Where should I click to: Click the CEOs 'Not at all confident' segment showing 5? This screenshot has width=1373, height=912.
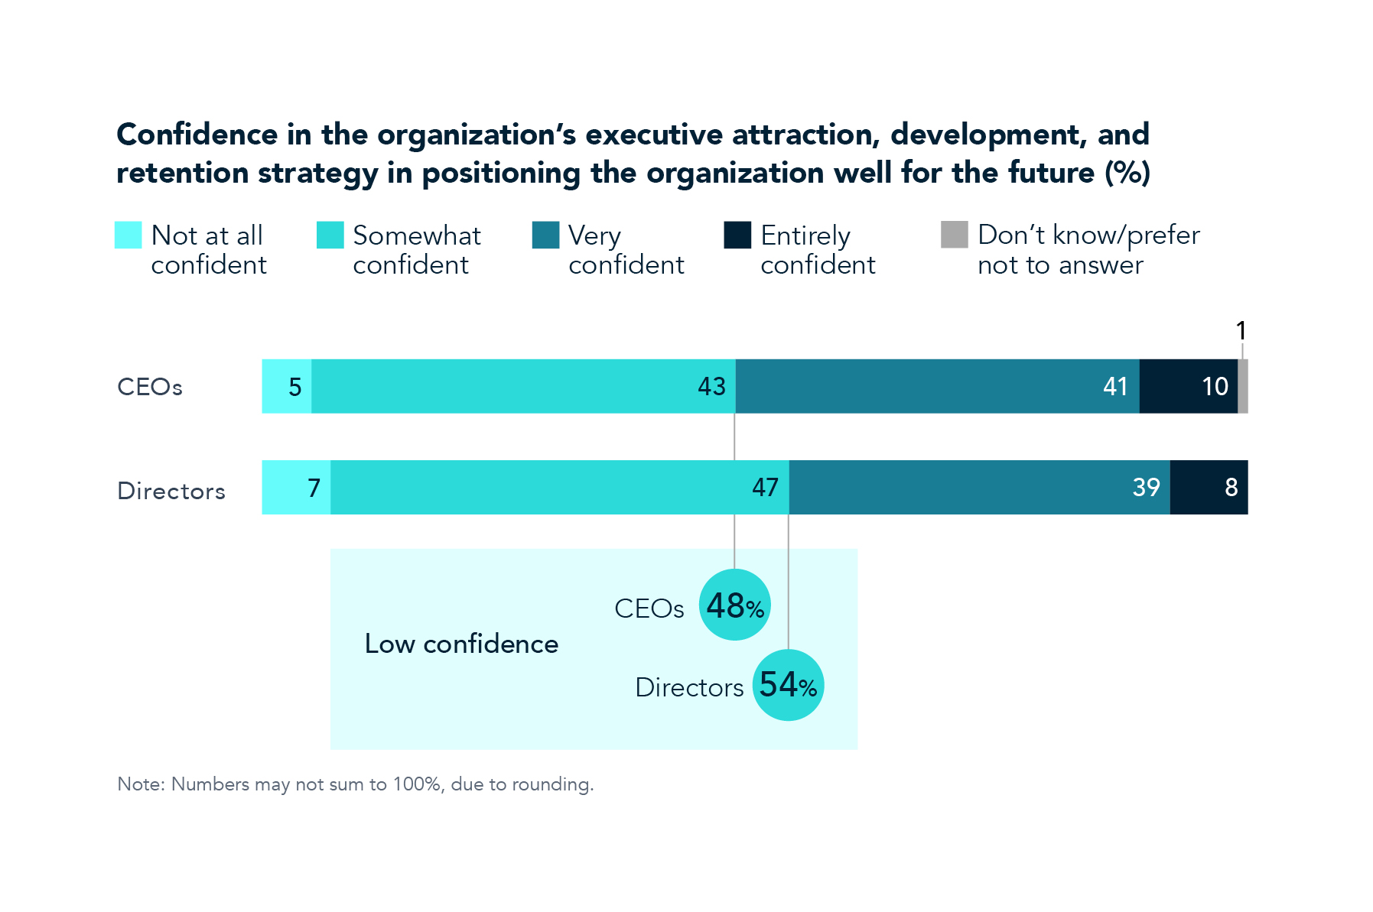pos(287,386)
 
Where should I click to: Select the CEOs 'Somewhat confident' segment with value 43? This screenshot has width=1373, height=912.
pos(523,386)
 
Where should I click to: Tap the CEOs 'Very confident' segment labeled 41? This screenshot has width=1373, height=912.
pos(937,386)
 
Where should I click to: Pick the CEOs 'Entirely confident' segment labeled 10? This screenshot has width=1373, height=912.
pos(1188,386)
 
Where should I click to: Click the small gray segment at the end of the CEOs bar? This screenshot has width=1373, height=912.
pos(1243,386)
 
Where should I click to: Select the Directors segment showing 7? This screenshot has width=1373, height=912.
pos(296,487)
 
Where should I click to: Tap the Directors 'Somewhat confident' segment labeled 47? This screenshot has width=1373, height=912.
pos(559,487)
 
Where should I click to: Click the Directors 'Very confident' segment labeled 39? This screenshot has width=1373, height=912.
pos(979,487)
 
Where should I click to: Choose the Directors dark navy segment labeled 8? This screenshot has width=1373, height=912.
pos(1209,487)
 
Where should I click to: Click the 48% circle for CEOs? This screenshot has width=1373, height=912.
pos(734,605)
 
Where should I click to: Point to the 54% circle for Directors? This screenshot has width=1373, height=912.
pos(788,685)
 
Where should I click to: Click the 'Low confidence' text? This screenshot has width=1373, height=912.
pos(461,644)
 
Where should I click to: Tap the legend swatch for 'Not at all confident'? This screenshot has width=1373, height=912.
pos(128,235)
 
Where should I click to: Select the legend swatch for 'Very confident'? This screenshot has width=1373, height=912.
pos(545,235)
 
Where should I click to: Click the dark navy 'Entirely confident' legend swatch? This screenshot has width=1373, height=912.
pos(737,235)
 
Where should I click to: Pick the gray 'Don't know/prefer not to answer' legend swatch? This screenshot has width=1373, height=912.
pos(954,235)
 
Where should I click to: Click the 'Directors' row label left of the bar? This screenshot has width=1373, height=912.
pos(171,491)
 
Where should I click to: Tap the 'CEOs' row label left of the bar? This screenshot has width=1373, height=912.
pos(150,387)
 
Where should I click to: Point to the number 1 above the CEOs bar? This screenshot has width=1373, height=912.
pos(1241,331)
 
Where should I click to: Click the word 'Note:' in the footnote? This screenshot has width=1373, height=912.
pos(141,784)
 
